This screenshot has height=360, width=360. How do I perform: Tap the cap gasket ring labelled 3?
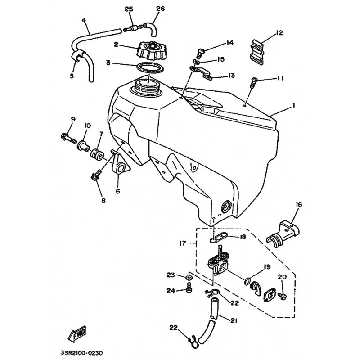click(150, 68)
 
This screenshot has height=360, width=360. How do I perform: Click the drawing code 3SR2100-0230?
click(82, 353)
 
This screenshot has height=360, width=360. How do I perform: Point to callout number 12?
click(279, 33)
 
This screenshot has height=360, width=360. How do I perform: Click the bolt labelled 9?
click(69, 138)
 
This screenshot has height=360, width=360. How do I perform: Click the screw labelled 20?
click(282, 296)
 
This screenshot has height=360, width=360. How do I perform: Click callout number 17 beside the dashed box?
click(183, 243)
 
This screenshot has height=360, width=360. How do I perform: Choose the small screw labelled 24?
click(189, 288)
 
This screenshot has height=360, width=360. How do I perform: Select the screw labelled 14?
click(199, 54)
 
